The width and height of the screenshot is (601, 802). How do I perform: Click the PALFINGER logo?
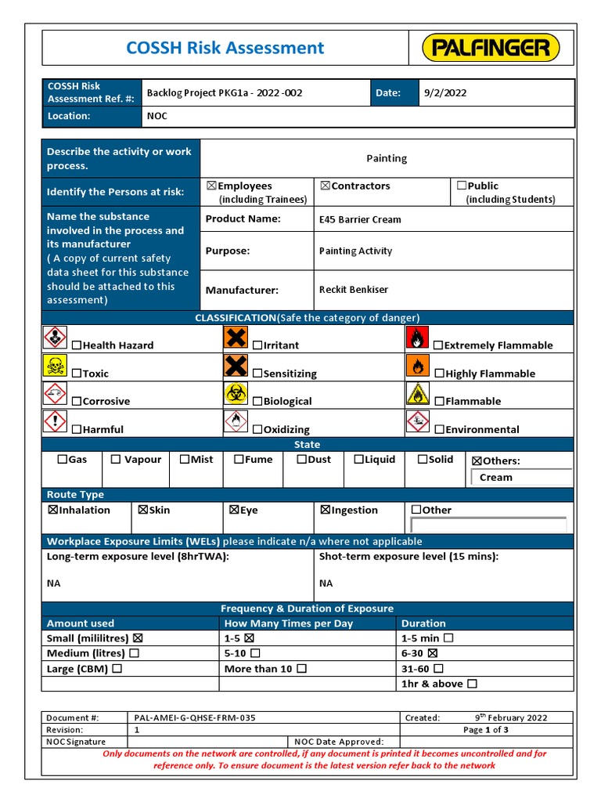point(491,48)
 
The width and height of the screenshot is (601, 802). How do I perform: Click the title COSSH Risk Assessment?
point(225,48)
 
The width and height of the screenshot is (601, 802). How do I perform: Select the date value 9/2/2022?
point(444,92)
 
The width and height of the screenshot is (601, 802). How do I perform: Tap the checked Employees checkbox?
point(211,186)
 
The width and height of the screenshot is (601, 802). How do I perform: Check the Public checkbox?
point(462,186)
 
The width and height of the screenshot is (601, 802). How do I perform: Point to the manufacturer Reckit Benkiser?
point(354,290)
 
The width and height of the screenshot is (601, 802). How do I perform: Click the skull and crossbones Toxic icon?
point(55,366)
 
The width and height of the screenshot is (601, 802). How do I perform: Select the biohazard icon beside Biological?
point(236,394)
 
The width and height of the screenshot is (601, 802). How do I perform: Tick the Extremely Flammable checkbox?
point(438,345)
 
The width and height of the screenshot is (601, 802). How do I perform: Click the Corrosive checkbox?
point(77,402)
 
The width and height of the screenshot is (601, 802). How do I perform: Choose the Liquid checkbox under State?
point(358,460)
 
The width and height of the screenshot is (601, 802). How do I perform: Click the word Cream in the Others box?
point(496,477)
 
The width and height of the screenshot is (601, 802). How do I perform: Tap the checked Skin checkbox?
point(143,510)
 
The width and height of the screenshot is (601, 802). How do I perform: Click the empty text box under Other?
point(488,525)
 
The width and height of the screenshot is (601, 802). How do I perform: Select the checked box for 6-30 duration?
point(433,653)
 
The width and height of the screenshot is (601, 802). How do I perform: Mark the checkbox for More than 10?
point(302,669)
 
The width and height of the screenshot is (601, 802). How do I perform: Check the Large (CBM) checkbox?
point(117,669)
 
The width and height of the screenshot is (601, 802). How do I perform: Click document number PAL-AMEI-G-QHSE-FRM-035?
point(195,717)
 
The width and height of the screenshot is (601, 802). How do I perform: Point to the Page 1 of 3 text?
point(486,729)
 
